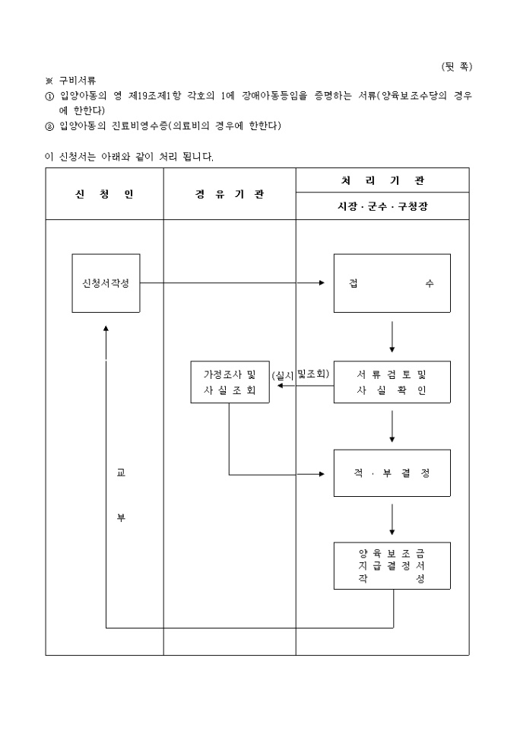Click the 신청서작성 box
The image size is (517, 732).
click(x=106, y=283)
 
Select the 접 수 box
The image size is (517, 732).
click(x=392, y=283)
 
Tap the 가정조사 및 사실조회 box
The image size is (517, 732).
click(x=230, y=382)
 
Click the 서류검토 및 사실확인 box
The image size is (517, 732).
click(x=392, y=382)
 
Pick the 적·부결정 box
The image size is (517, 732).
click(x=392, y=473)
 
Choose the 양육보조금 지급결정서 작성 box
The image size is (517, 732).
click(x=392, y=566)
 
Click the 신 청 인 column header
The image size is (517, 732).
click(x=104, y=194)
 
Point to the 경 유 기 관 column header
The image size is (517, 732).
click(x=230, y=194)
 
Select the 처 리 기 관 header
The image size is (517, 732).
click(x=382, y=181)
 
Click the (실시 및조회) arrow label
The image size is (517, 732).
click(x=300, y=374)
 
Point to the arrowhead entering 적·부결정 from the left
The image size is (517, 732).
click(x=322, y=474)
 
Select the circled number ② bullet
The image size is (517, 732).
click(x=50, y=126)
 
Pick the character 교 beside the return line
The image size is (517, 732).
click(x=120, y=473)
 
